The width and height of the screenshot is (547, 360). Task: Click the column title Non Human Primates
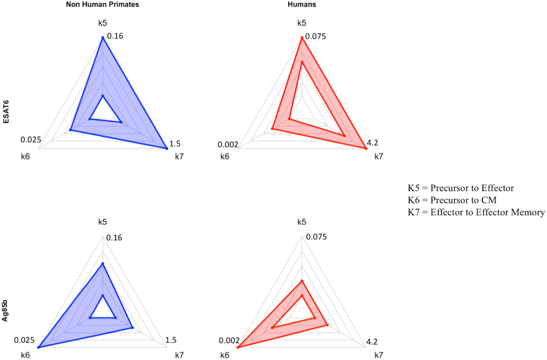(x=102, y=5)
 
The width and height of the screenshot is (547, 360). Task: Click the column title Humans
(x=302, y=5)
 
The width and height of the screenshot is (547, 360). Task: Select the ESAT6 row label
(x=6, y=112)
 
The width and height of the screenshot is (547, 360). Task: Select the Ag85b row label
(x=5, y=311)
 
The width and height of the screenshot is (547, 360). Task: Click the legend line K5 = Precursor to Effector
(x=461, y=188)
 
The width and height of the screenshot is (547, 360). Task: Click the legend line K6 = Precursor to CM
(x=452, y=200)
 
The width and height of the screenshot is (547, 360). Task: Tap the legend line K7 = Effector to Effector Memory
(x=476, y=212)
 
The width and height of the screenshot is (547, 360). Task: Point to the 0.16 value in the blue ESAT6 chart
(x=115, y=36)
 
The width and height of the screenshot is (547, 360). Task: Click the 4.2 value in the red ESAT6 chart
(x=372, y=143)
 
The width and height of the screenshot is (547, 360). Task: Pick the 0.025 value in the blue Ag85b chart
(x=24, y=340)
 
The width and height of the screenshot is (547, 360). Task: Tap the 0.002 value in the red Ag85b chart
(x=229, y=340)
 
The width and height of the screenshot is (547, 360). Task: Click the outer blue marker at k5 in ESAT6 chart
(x=102, y=38)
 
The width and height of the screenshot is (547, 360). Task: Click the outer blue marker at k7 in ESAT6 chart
(x=167, y=149)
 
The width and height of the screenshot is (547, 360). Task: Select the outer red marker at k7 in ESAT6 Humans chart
(x=366, y=149)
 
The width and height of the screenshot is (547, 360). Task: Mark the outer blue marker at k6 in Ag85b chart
(x=38, y=348)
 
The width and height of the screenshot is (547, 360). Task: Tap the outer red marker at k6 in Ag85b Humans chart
(x=238, y=348)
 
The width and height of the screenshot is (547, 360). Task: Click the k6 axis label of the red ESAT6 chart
(x=224, y=157)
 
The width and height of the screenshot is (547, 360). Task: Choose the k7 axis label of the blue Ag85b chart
(x=179, y=355)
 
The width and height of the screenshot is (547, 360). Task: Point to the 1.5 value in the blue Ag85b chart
(x=171, y=340)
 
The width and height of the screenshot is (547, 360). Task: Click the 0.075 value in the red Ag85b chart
(x=316, y=237)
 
